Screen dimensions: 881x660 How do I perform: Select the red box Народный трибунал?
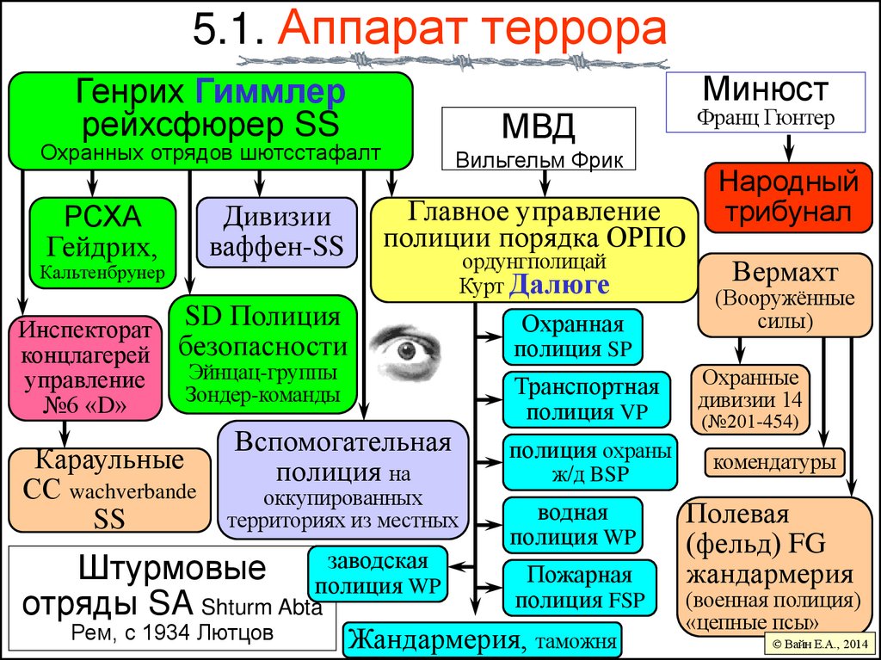782,198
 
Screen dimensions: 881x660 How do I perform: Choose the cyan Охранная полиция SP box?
571,336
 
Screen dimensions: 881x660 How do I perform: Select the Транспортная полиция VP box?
586,399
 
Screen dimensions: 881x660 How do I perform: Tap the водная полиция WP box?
572,526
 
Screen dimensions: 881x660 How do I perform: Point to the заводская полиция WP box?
378,574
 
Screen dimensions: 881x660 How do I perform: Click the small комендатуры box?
773,464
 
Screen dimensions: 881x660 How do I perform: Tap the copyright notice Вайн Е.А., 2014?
816,644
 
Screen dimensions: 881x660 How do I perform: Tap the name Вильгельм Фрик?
539,160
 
